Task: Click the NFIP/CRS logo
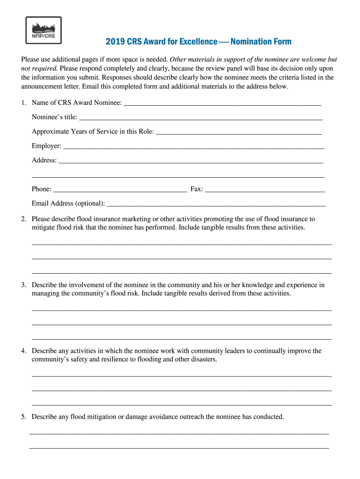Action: coord(43,31)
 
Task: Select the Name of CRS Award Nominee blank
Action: coord(223,102)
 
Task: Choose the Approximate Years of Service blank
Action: coord(238,131)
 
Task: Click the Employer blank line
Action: coord(194,146)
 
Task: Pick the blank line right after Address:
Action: coord(191,160)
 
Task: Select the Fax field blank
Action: coord(265,189)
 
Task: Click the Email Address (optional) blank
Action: coord(216,203)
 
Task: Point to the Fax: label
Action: coord(196,189)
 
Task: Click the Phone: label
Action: coord(42,189)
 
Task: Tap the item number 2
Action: coord(23,219)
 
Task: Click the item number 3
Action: coord(23,285)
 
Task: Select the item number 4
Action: coord(23,351)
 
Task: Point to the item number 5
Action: coord(23,417)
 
